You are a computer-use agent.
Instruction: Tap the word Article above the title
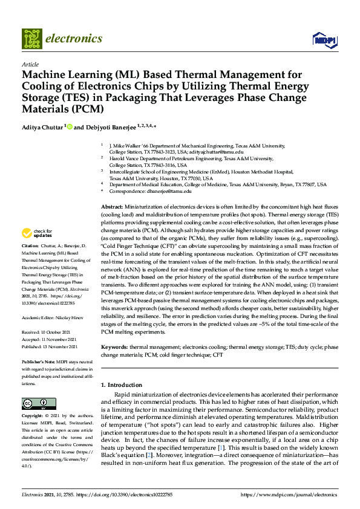click(x=30, y=64)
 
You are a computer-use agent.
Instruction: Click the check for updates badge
click(x=37, y=233)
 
